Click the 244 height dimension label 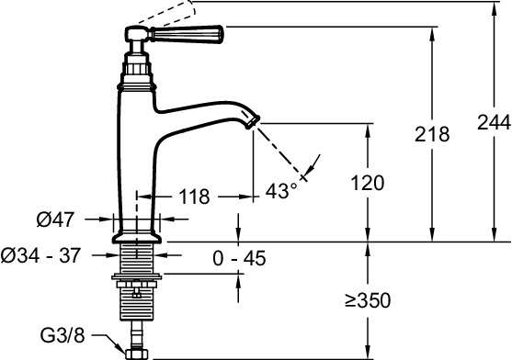tap(494, 123)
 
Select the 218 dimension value tap(432, 134)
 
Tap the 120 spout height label tap(368, 183)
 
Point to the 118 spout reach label tap(194, 197)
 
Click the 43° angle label tap(281, 190)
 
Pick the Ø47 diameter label tap(55, 219)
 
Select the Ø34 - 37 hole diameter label tap(40, 255)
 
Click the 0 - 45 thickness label tap(239, 258)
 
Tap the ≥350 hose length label tap(368, 300)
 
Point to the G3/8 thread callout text tap(62, 335)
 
